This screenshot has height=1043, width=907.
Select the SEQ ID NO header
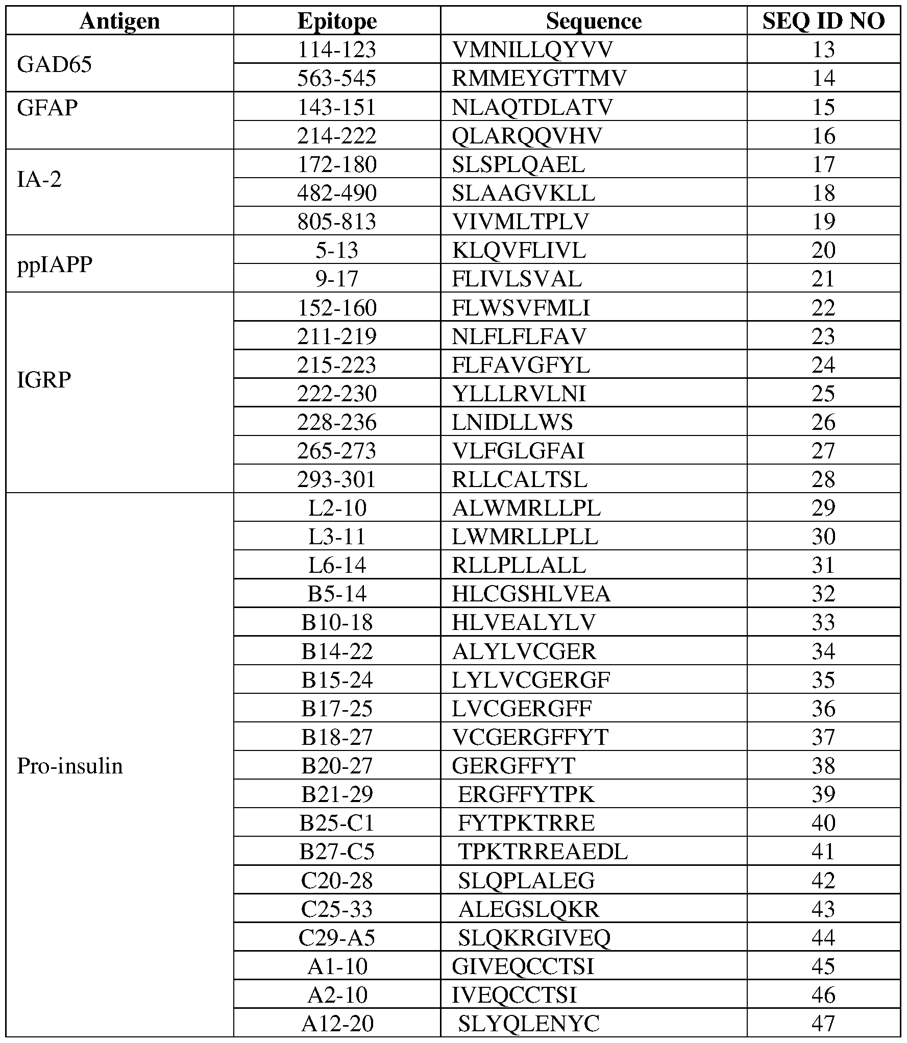(823, 21)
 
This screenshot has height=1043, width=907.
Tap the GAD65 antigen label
(55, 64)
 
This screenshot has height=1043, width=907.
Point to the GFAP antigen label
(47, 108)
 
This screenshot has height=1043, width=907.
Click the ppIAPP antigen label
(55, 265)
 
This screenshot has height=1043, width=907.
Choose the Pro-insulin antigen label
(70, 766)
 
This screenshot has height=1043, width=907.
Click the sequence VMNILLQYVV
(532, 50)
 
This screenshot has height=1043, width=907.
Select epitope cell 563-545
(337, 79)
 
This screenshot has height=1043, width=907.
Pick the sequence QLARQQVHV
(527, 136)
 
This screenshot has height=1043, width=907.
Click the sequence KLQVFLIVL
(519, 251)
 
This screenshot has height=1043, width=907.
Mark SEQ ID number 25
(823, 394)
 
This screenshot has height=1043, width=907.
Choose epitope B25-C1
(337, 823)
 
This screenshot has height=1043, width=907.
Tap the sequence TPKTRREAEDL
(543, 852)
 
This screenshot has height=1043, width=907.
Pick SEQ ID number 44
(823, 937)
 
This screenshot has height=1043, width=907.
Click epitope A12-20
(337, 1024)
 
